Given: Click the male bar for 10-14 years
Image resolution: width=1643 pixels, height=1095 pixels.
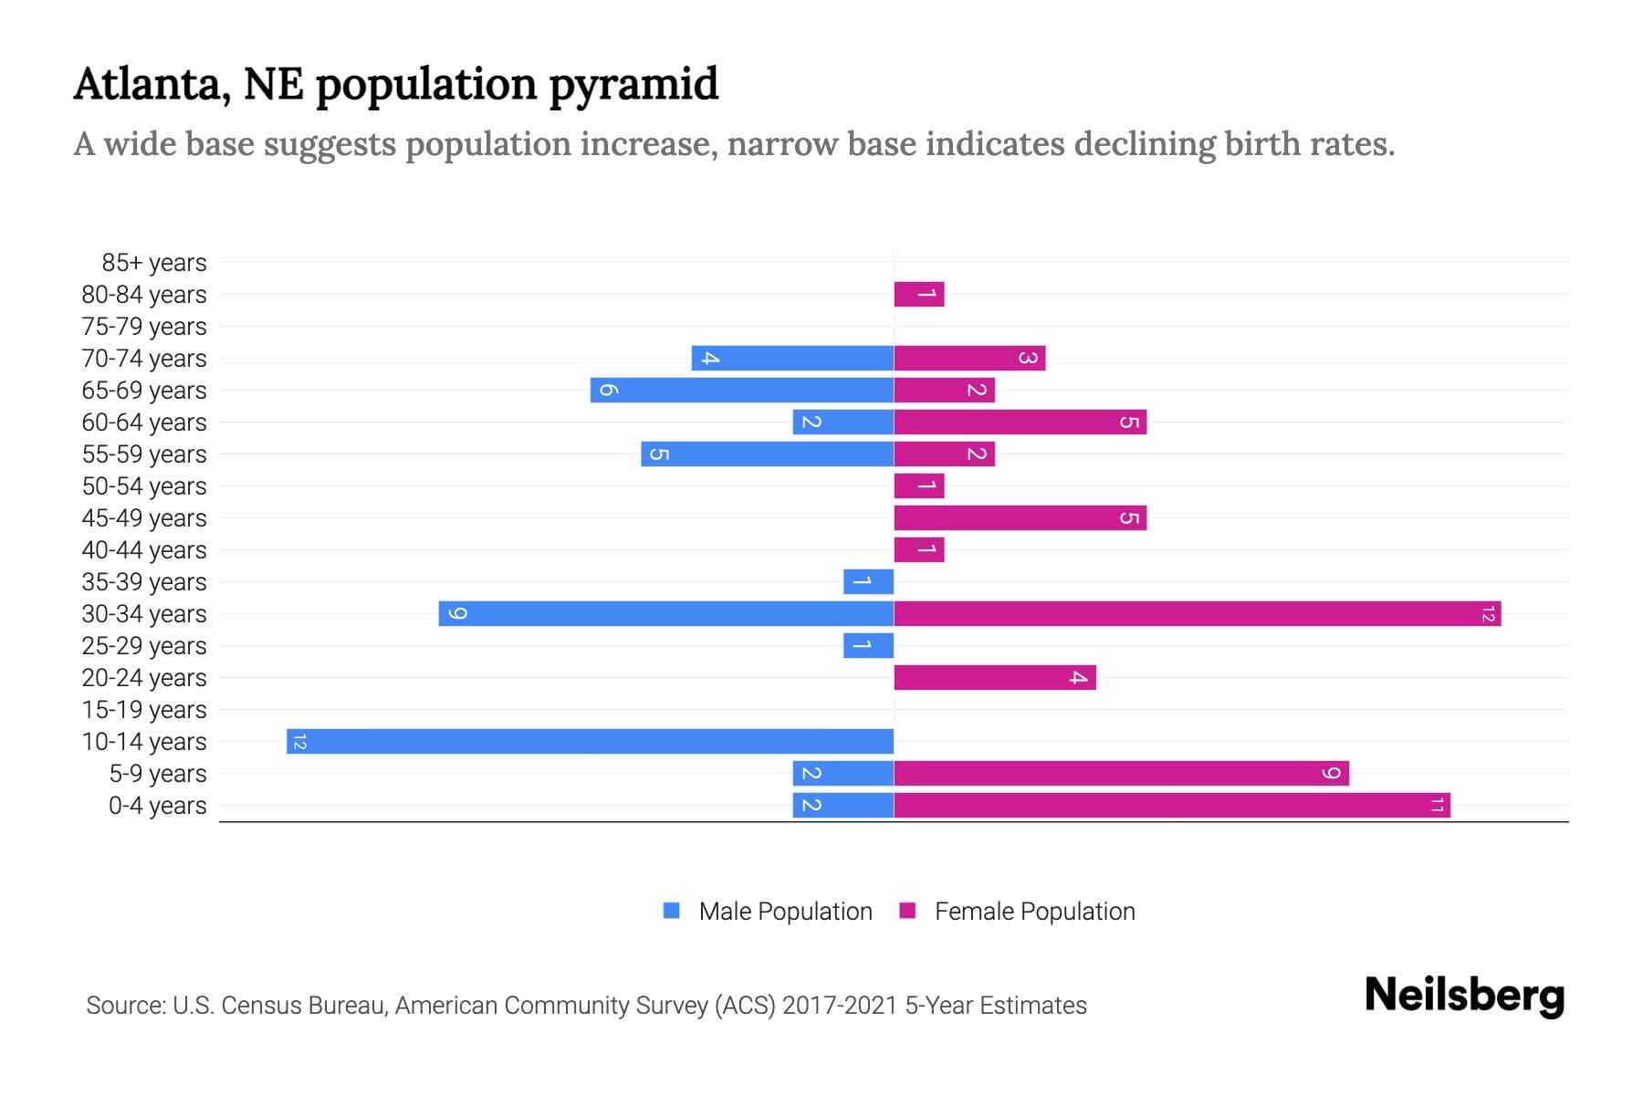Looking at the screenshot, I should coord(590,741).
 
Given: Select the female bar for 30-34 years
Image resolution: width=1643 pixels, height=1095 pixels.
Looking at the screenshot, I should coord(1197,613).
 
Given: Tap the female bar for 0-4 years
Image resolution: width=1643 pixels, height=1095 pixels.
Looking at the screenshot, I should coord(1171,805).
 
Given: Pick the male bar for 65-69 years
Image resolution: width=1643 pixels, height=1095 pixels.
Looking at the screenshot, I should coord(741,390).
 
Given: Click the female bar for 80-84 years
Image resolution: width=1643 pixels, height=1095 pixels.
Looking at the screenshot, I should coord(918,294).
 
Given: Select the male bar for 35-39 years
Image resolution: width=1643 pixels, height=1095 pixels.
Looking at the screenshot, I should coord(868,581).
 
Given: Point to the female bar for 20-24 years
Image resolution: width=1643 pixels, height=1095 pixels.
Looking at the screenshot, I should coord(994,677).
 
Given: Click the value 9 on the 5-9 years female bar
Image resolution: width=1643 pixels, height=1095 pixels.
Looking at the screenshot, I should coord(1331,774).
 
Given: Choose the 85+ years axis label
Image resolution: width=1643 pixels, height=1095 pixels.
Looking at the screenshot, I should coord(153,263).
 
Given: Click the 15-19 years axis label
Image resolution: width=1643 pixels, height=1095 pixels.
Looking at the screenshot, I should coord(144,709).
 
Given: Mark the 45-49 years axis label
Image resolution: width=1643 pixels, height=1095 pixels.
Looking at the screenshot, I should coord(144,517).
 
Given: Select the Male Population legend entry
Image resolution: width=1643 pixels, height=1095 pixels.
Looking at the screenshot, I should coord(784,911).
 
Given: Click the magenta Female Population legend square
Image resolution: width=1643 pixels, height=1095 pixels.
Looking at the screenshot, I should coord(907,911).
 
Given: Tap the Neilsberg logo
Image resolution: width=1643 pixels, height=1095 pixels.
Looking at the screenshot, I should coord(1464,996).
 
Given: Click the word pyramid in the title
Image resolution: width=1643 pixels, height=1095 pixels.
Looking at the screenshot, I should coord(633,85).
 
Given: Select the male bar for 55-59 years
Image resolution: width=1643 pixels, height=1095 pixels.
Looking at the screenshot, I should coord(767,454).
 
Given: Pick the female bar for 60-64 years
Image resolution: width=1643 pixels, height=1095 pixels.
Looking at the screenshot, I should coord(1020,422).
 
